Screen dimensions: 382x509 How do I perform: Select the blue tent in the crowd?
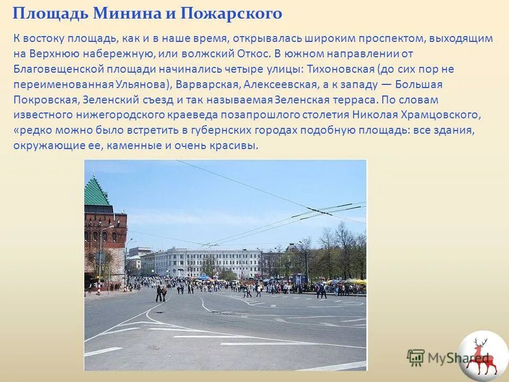[x=203, y=276]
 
